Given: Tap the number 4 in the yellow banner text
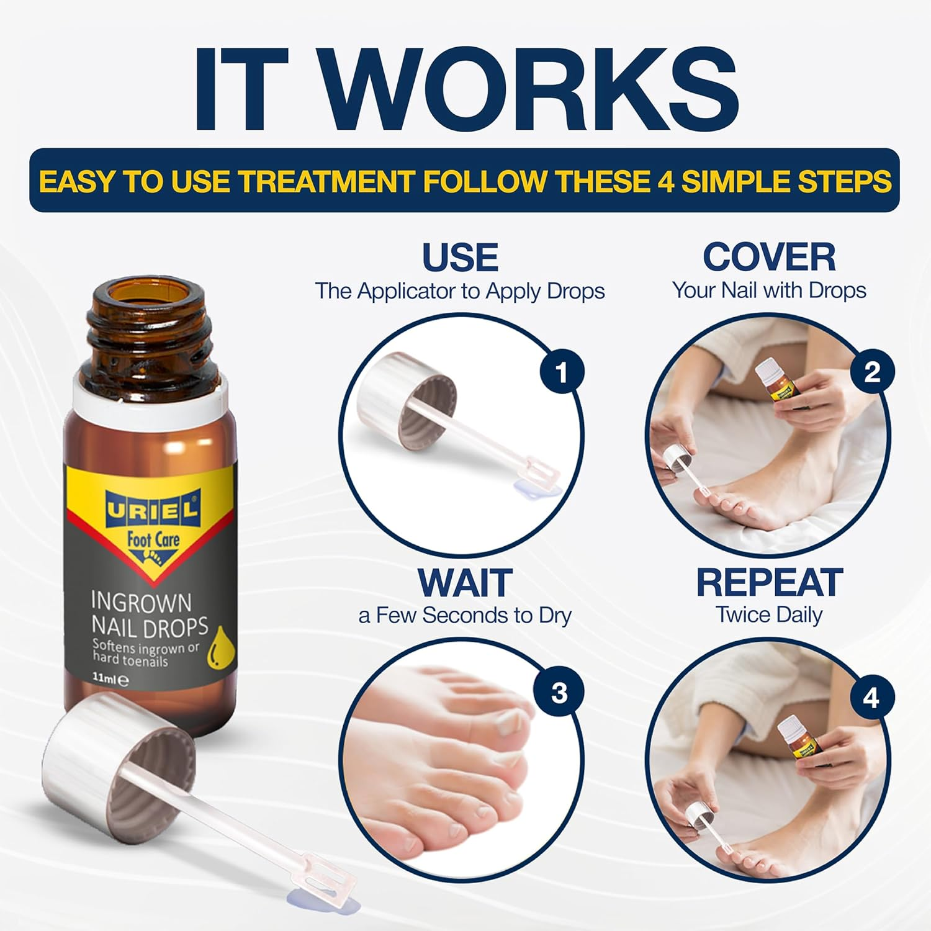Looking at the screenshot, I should (665, 181).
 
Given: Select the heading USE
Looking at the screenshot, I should (460, 258).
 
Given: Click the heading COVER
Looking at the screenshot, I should (769, 257).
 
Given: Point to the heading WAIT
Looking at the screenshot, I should (464, 583).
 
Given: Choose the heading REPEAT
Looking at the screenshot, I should (769, 583).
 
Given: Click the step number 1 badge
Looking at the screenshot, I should (561, 373).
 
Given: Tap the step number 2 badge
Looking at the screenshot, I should (871, 372).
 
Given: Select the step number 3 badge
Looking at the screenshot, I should (559, 693).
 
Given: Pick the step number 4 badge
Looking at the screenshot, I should (871, 699).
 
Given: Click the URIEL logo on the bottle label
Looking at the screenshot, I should (152, 510).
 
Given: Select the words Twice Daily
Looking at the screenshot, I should (769, 615).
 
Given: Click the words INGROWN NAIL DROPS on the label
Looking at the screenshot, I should (149, 614).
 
